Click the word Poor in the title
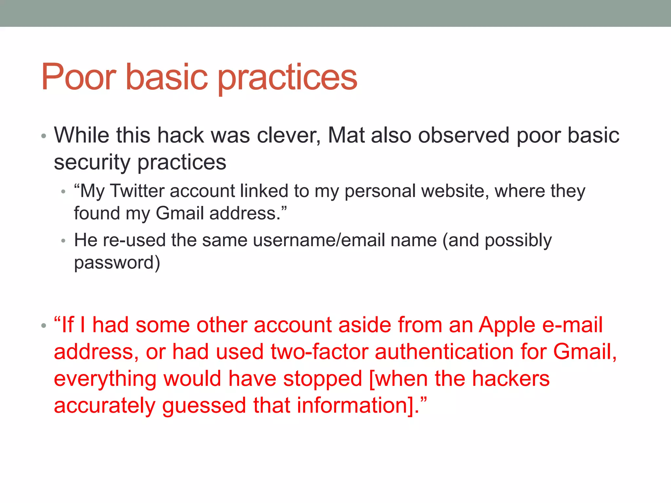coord(79,77)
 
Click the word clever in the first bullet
coord(289,135)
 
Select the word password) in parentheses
coord(117,263)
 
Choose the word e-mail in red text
coord(572,325)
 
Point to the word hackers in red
coord(511,379)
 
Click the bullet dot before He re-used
coord(64,241)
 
